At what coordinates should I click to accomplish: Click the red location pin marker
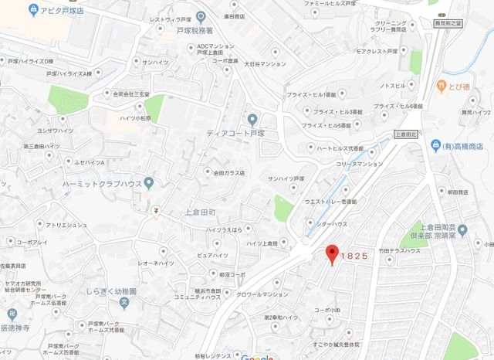click(x=333, y=253)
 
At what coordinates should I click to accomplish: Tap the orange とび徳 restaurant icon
click(x=441, y=84)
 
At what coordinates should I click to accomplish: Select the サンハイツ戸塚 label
click(x=292, y=178)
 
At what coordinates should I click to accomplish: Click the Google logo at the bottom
click(x=257, y=357)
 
